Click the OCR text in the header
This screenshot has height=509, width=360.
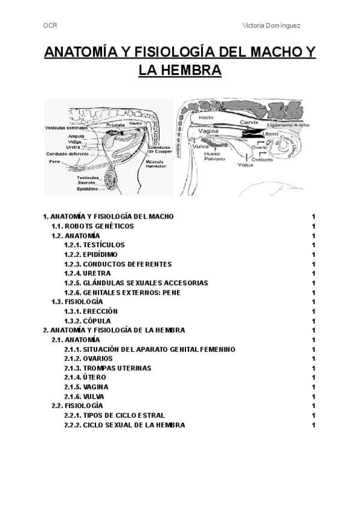(50, 25)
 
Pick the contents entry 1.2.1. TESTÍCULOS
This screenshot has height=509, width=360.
(94, 245)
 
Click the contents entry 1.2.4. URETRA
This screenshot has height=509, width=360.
(87, 273)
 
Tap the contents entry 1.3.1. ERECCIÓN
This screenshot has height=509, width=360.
(91, 311)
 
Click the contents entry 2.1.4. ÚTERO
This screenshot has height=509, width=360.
(85, 378)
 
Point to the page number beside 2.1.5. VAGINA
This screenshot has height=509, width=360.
(313, 387)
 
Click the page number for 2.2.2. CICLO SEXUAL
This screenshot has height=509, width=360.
(313, 425)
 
